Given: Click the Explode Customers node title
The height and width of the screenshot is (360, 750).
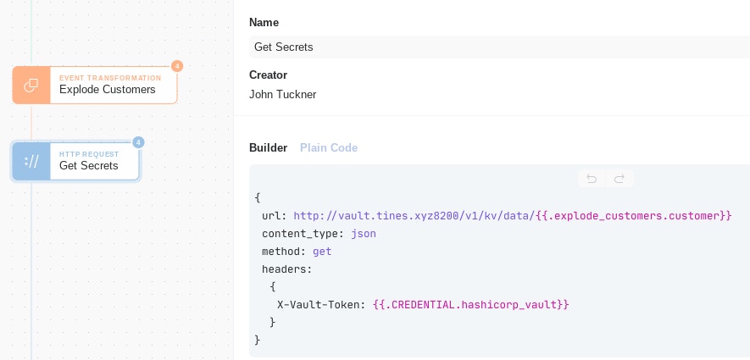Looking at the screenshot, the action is point(107,90).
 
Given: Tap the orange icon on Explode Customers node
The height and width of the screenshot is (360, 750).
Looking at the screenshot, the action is point(31,85).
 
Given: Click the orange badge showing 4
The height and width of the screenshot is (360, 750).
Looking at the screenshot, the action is point(177,66).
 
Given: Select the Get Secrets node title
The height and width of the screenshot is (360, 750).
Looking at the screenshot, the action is point(88,165).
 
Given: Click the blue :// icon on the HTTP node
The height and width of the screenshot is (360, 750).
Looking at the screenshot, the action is point(31,162).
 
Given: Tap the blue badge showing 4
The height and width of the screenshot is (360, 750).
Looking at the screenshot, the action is point(138,142).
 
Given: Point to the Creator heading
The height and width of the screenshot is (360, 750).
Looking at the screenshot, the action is point(268,75).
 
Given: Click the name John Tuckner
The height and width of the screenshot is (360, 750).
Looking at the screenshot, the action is point(283,95).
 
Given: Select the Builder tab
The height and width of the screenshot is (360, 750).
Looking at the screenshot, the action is point(269,147).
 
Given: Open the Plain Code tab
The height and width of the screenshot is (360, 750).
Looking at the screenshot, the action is point(329,147).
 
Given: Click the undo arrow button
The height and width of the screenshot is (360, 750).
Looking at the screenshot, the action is point(592,179).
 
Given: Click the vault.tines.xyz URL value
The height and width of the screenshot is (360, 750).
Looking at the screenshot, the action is point(414,216).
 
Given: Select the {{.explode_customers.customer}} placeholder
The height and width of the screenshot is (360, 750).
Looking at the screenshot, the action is point(634,216).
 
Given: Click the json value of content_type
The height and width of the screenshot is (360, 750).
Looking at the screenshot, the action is point(364,234).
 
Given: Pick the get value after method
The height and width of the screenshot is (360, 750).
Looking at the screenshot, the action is point(322,252).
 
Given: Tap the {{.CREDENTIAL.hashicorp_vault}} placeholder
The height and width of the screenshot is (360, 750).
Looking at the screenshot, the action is point(470,305).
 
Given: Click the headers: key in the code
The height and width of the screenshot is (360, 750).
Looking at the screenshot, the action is point(287,269).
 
